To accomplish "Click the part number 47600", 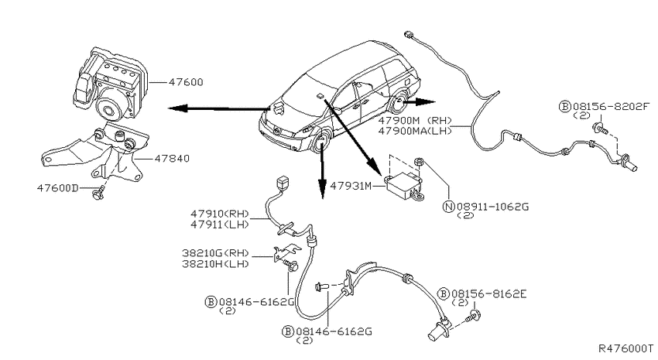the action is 186,82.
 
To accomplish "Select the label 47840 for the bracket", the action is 172,159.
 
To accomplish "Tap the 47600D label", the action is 57,188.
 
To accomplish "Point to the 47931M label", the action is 351,186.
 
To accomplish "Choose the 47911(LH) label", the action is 220,225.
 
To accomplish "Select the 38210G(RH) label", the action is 216,253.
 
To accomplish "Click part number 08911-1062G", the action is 492,207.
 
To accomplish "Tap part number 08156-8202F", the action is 611,107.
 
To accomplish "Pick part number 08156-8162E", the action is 489,293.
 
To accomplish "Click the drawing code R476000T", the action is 625,348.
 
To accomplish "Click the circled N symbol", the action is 449,207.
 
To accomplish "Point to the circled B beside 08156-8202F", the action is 565,107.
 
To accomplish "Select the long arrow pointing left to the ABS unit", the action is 218,108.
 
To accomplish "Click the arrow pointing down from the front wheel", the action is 322,171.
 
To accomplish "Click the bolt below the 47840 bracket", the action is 98,194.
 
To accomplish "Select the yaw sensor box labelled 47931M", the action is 403,185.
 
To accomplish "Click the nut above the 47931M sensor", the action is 418,162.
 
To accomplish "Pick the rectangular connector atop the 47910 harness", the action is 283,183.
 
